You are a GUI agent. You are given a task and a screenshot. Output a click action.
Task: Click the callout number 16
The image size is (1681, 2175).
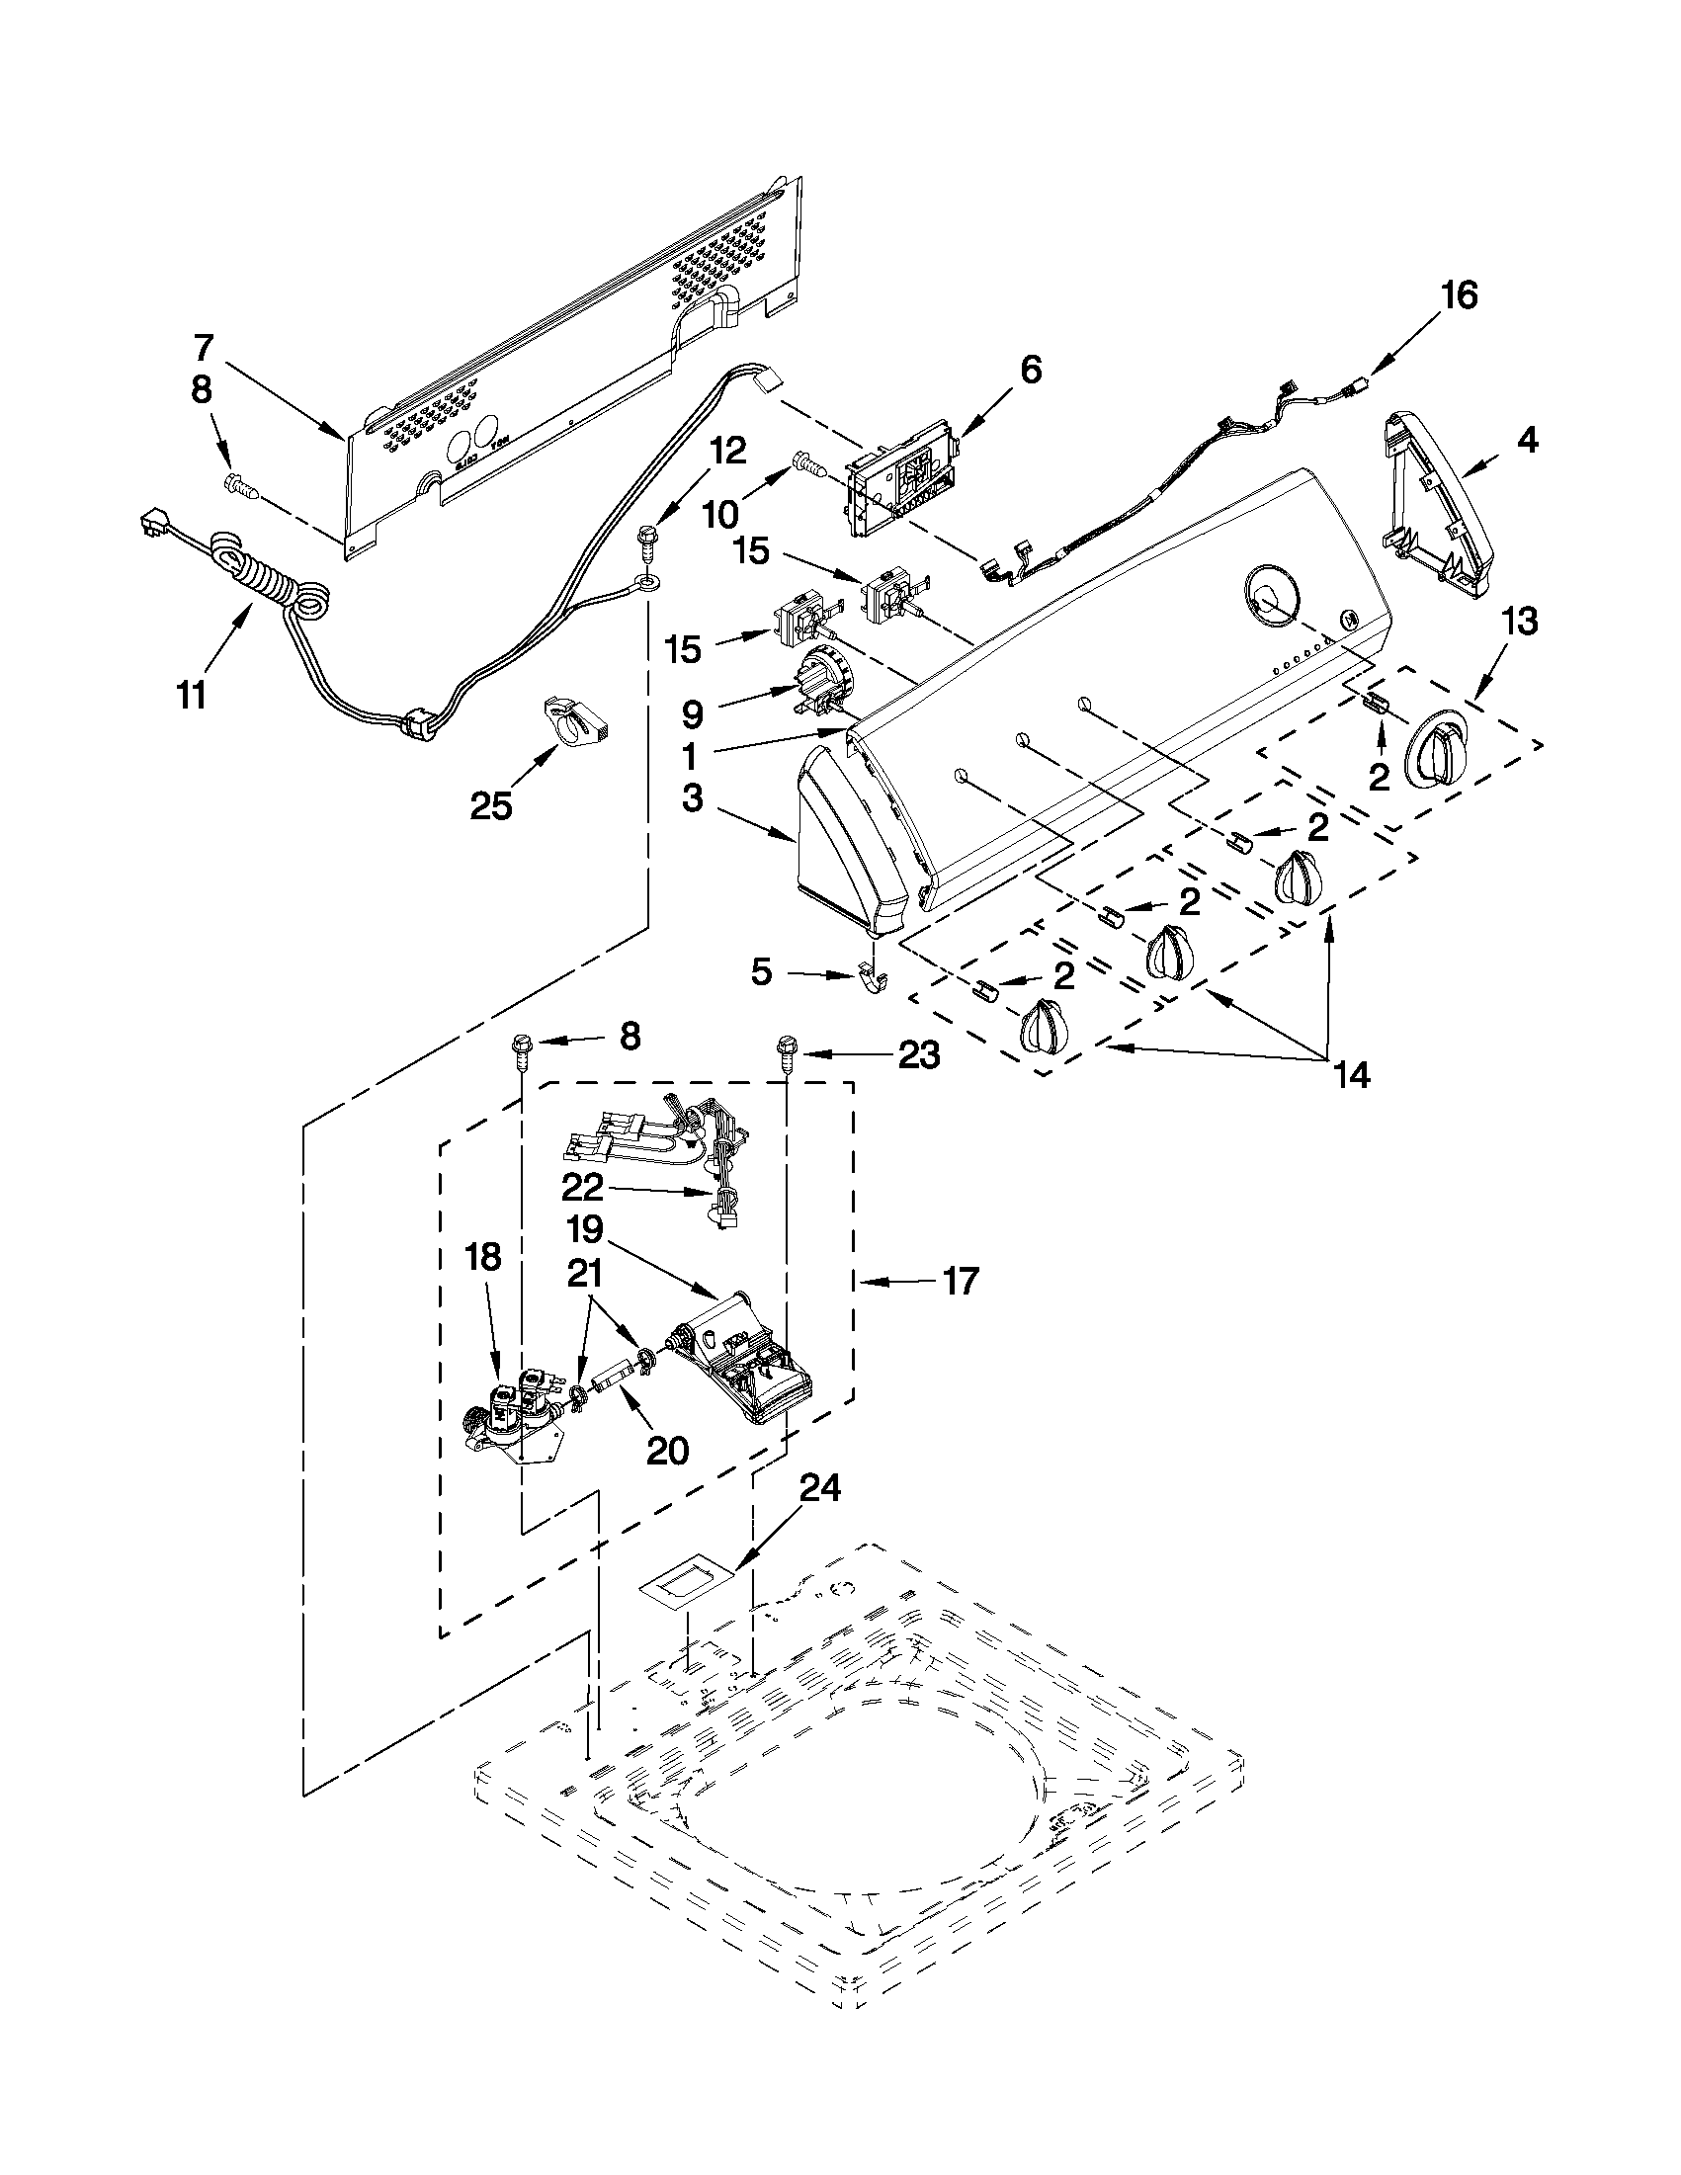tap(1459, 295)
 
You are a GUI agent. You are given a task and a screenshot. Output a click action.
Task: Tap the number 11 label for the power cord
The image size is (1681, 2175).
tap(192, 694)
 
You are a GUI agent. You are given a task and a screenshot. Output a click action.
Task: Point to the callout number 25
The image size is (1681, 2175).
tap(490, 804)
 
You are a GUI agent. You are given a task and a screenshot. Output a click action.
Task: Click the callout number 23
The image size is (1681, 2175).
tap(918, 1054)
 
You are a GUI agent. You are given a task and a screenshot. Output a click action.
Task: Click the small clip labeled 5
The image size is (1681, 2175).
tap(871, 979)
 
